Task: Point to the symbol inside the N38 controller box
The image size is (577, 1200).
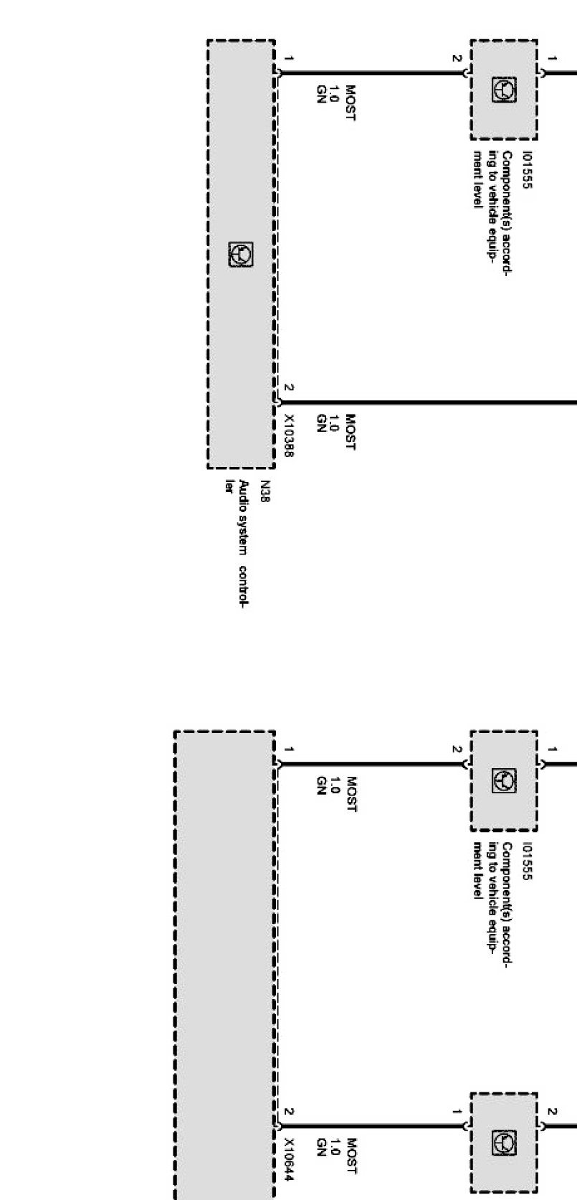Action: (241, 255)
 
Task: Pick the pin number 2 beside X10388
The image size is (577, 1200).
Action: (288, 388)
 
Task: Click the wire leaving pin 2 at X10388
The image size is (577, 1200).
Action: (430, 402)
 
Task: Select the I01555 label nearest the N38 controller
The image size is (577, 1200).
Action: (528, 170)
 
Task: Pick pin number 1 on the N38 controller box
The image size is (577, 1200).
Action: (288, 58)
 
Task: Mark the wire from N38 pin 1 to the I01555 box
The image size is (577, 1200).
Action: (373, 72)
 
